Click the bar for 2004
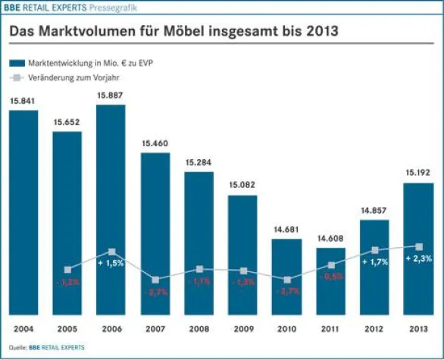coord(23,212)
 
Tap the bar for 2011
coord(330,280)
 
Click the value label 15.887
coord(111,96)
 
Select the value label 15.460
coord(155,143)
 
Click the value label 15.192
coord(418,173)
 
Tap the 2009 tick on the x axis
coord(242,328)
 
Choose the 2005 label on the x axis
coord(67,328)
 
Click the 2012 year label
coord(374,328)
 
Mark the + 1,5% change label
coord(111,262)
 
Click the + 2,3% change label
coord(418,258)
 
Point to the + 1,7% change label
coord(374,261)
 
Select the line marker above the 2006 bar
coord(111,251)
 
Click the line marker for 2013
coord(418,246)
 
